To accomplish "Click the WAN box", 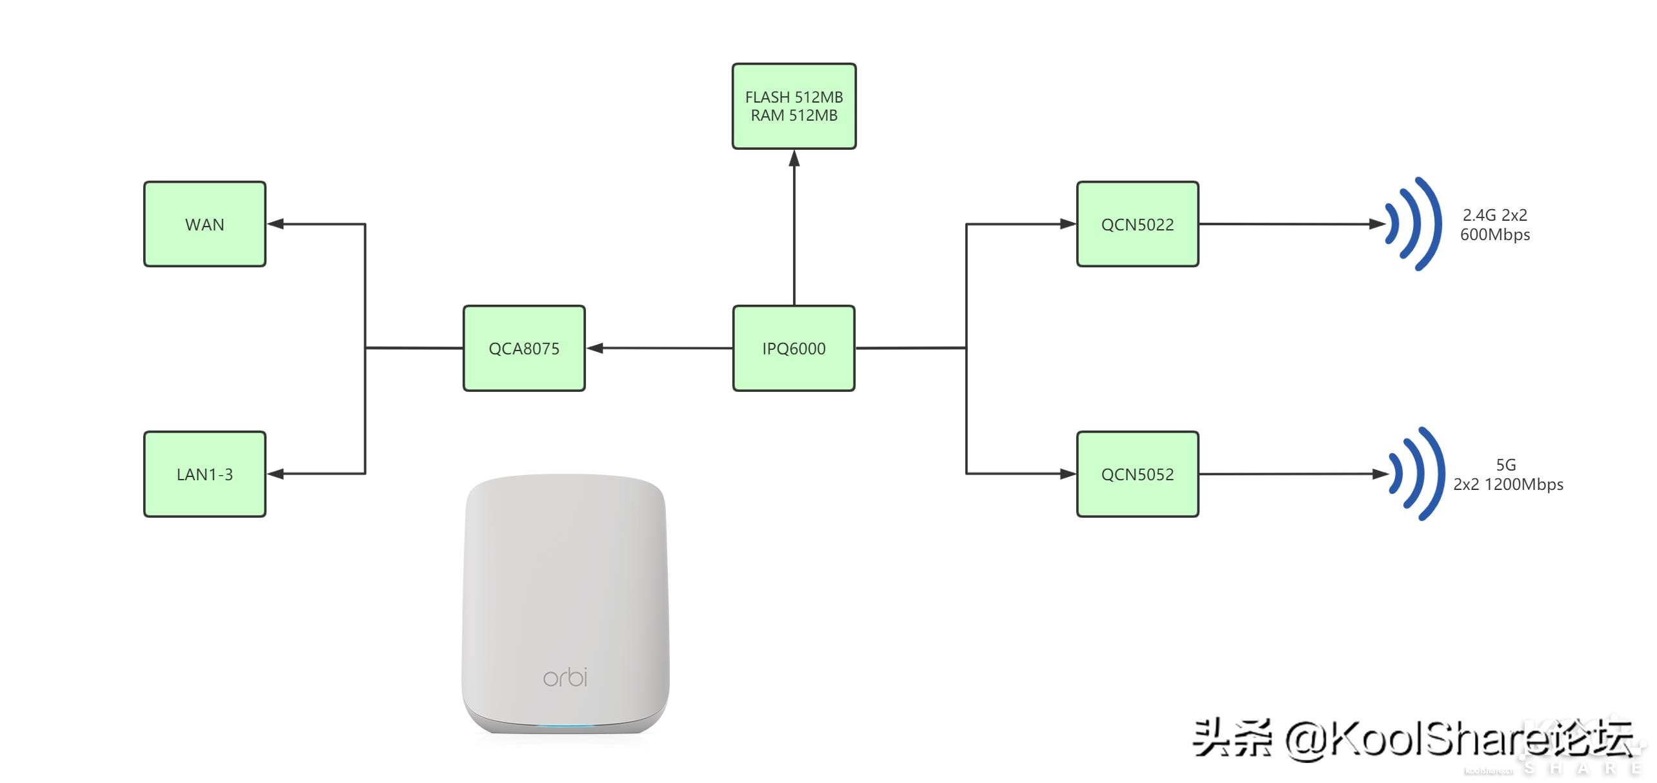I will point(205,224).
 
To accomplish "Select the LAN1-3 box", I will point(205,474).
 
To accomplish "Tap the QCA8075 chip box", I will point(524,348).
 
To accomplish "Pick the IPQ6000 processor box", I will point(794,348).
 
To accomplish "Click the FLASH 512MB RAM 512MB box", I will point(794,106).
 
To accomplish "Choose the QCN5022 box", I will point(1138,224).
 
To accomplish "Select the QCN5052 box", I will point(1138,474).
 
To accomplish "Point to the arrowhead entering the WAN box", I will point(276,224).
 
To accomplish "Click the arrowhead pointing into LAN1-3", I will point(276,474).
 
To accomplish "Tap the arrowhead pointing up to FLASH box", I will point(794,158).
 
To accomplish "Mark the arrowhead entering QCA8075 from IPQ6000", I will point(595,348).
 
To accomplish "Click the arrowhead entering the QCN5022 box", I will point(1068,224).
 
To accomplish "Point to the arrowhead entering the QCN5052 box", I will point(1068,474).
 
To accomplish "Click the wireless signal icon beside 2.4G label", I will point(1414,224).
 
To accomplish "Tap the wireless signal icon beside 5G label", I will point(1417,474).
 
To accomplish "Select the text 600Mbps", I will point(1495,234).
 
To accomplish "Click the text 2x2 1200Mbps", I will point(1508,484).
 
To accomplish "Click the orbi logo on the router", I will point(565,676).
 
